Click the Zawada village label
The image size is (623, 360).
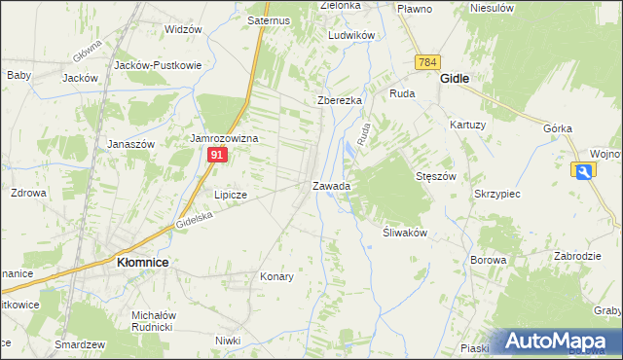331,185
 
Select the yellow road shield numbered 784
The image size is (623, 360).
426,62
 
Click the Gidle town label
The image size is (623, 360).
456,77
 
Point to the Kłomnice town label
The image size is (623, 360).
142,263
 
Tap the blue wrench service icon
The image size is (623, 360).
583,171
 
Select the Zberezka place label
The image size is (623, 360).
340,100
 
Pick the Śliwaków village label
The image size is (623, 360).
398,234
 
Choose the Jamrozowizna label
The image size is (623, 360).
223,139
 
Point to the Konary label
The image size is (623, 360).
276,276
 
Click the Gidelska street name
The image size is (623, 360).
194,221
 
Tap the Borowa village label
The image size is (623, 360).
488,260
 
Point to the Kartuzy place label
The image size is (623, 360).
467,125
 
